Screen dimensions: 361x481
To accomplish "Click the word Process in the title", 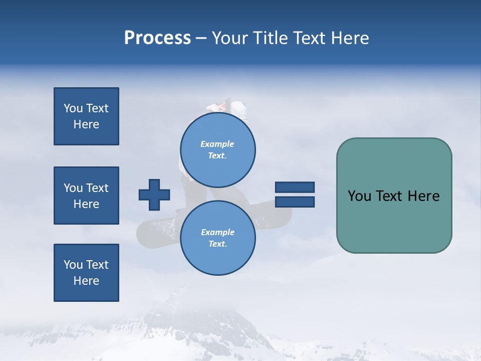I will click(157, 38).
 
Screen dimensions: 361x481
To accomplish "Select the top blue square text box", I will click(86, 116).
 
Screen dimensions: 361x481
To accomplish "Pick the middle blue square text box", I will click(86, 196).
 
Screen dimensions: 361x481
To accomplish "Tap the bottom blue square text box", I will click(86, 273).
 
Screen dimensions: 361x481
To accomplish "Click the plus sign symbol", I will click(154, 195).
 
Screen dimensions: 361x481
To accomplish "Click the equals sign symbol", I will click(295, 195).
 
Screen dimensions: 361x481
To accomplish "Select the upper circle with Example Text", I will click(217, 149).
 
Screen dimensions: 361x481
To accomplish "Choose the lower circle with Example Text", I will click(217, 238).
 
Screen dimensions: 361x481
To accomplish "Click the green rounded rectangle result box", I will click(394, 196).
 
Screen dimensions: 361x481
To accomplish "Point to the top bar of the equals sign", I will click(295, 187).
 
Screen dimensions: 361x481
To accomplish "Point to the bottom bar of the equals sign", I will click(295, 202).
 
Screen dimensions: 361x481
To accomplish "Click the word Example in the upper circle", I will click(217, 144).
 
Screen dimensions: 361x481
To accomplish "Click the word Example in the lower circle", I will click(217, 232).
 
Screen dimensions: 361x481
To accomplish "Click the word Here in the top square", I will click(86, 124).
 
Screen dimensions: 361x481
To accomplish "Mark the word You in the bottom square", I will click(73, 265).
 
